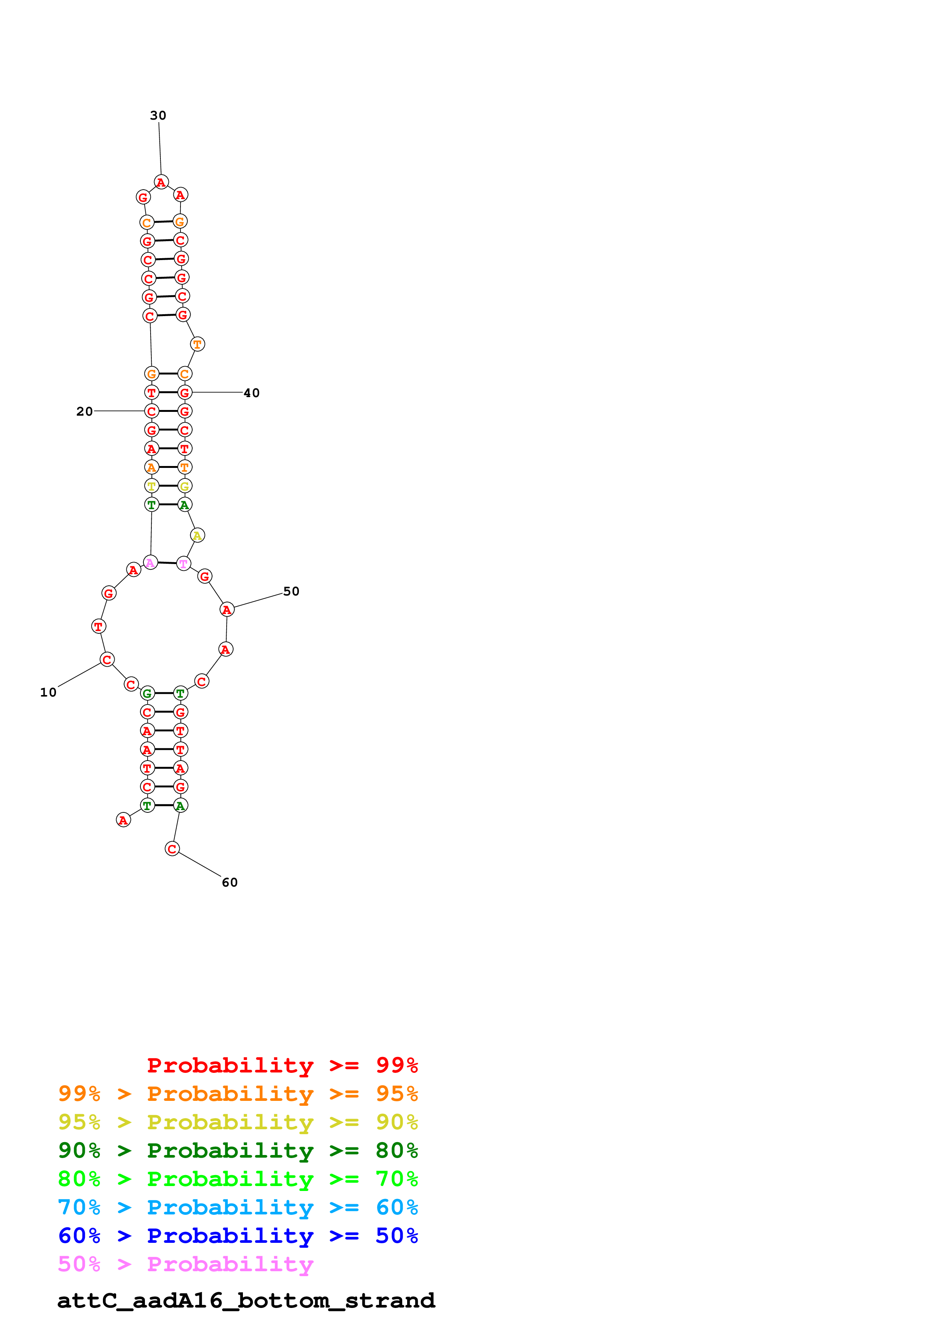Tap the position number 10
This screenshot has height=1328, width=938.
coord(48,692)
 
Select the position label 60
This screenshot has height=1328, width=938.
coord(229,882)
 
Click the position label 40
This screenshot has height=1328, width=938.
coord(251,393)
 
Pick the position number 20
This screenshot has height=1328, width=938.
coord(84,411)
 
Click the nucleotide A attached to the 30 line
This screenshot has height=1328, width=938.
coord(161,182)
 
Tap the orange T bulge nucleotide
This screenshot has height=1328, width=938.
coord(198,344)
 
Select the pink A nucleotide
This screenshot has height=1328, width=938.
coord(150,562)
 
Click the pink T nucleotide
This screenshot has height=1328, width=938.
coord(183,563)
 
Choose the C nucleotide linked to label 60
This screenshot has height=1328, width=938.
coord(172,848)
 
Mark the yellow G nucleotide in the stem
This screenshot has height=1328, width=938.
coord(184,486)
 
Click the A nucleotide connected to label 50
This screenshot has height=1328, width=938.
coord(227,609)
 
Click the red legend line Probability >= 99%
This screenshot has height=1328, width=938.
coord(282,1065)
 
